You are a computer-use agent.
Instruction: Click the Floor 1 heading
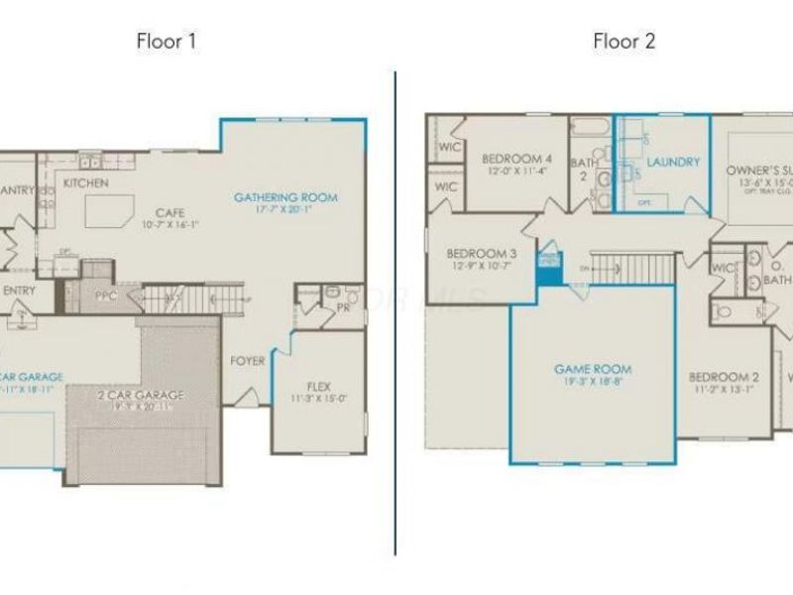pos(168,41)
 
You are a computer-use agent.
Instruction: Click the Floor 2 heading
pos(624,41)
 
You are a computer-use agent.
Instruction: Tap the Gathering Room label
pos(285,197)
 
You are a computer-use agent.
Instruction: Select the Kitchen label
pos(85,183)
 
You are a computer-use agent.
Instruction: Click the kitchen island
pos(109,210)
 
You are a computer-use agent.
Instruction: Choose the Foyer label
pos(247,361)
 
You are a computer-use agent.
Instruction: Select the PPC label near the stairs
pos(107,295)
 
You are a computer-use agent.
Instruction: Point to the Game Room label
pos(593,369)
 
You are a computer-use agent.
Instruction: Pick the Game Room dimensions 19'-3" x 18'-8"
pos(593,382)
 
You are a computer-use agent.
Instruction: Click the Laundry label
pos(674,161)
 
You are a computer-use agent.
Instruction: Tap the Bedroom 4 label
pos(516,159)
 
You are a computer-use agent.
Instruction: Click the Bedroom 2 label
pos(724,377)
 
